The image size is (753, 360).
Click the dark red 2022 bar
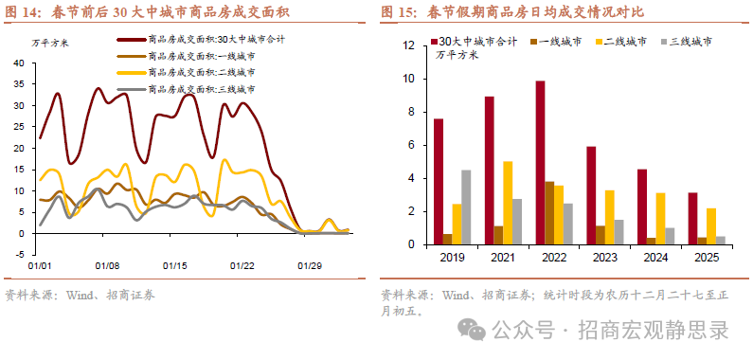tap(540, 163)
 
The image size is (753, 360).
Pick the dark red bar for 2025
tap(692, 219)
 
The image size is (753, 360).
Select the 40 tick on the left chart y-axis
tap(19, 63)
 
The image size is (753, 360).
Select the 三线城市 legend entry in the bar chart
tap(690, 43)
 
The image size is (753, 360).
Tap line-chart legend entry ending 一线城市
tap(196, 56)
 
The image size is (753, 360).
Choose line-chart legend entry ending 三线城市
tap(196, 88)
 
